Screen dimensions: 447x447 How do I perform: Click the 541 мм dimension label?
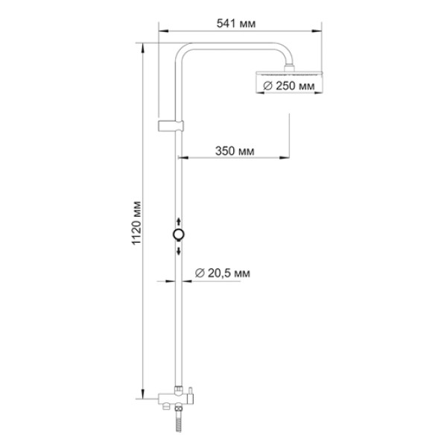pos(236,24)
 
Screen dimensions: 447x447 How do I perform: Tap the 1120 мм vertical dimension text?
pos(136,223)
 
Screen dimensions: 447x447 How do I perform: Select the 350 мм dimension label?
pos(235,150)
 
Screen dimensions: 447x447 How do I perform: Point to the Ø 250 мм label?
pos(289,86)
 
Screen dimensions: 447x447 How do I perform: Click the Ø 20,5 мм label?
pos(223,273)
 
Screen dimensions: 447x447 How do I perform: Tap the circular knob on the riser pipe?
pos(179,235)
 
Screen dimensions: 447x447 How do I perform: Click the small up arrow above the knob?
pos(179,221)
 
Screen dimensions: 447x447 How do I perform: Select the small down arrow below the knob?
pos(179,251)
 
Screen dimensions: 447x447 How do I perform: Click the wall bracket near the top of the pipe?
pos(171,126)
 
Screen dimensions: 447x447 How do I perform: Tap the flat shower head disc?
pos(289,74)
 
